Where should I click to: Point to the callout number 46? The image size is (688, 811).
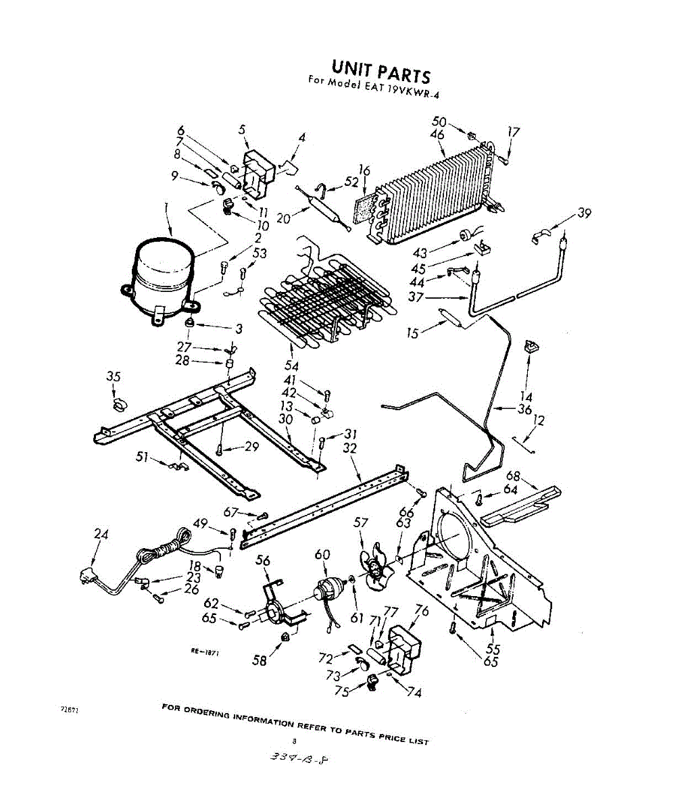[437, 135]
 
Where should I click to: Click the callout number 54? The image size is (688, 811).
[292, 366]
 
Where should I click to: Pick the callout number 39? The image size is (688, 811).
[584, 214]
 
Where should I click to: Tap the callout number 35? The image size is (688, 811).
[114, 377]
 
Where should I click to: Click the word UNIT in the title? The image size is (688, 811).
[353, 68]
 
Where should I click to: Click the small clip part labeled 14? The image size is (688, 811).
[530, 347]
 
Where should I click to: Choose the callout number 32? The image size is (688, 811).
[350, 449]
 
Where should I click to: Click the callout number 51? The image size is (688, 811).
[142, 458]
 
